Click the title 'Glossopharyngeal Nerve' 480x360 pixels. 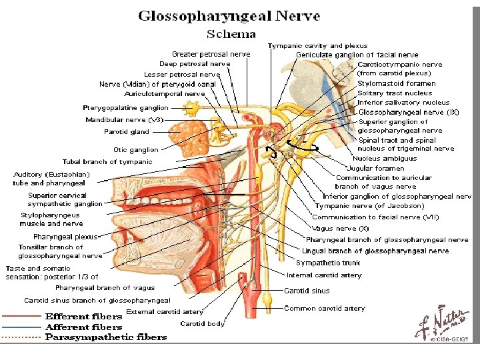229,16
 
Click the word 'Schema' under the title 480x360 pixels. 231,33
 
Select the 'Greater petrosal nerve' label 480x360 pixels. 211,54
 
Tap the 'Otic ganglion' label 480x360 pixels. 135,150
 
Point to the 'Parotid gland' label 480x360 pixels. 127,131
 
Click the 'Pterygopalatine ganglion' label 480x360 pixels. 125,107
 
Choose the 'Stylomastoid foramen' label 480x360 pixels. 396,83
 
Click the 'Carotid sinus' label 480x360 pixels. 306,291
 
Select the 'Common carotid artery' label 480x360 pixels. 325,308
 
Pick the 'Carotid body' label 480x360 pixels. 202,323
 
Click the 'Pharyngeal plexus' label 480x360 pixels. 65,237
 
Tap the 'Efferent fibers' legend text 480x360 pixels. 83,316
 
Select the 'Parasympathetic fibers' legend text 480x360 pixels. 106,337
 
